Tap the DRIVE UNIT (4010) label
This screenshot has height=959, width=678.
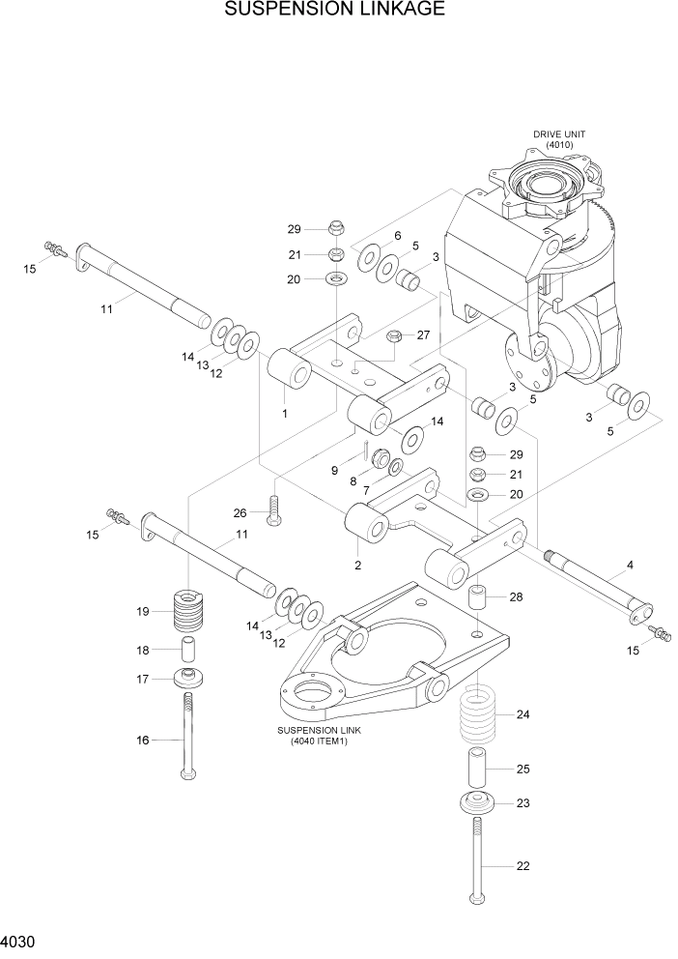click(559, 139)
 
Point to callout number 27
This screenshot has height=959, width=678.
click(422, 335)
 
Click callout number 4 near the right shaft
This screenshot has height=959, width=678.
click(630, 565)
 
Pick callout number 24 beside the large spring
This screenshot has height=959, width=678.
click(523, 715)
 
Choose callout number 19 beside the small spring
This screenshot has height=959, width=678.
click(143, 611)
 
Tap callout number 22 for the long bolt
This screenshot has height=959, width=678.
click(523, 866)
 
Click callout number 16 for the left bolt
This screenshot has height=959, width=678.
click(143, 741)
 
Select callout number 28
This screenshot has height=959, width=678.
click(516, 597)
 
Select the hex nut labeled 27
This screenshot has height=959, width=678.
click(394, 336)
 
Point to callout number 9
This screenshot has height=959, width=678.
click(334, 471)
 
